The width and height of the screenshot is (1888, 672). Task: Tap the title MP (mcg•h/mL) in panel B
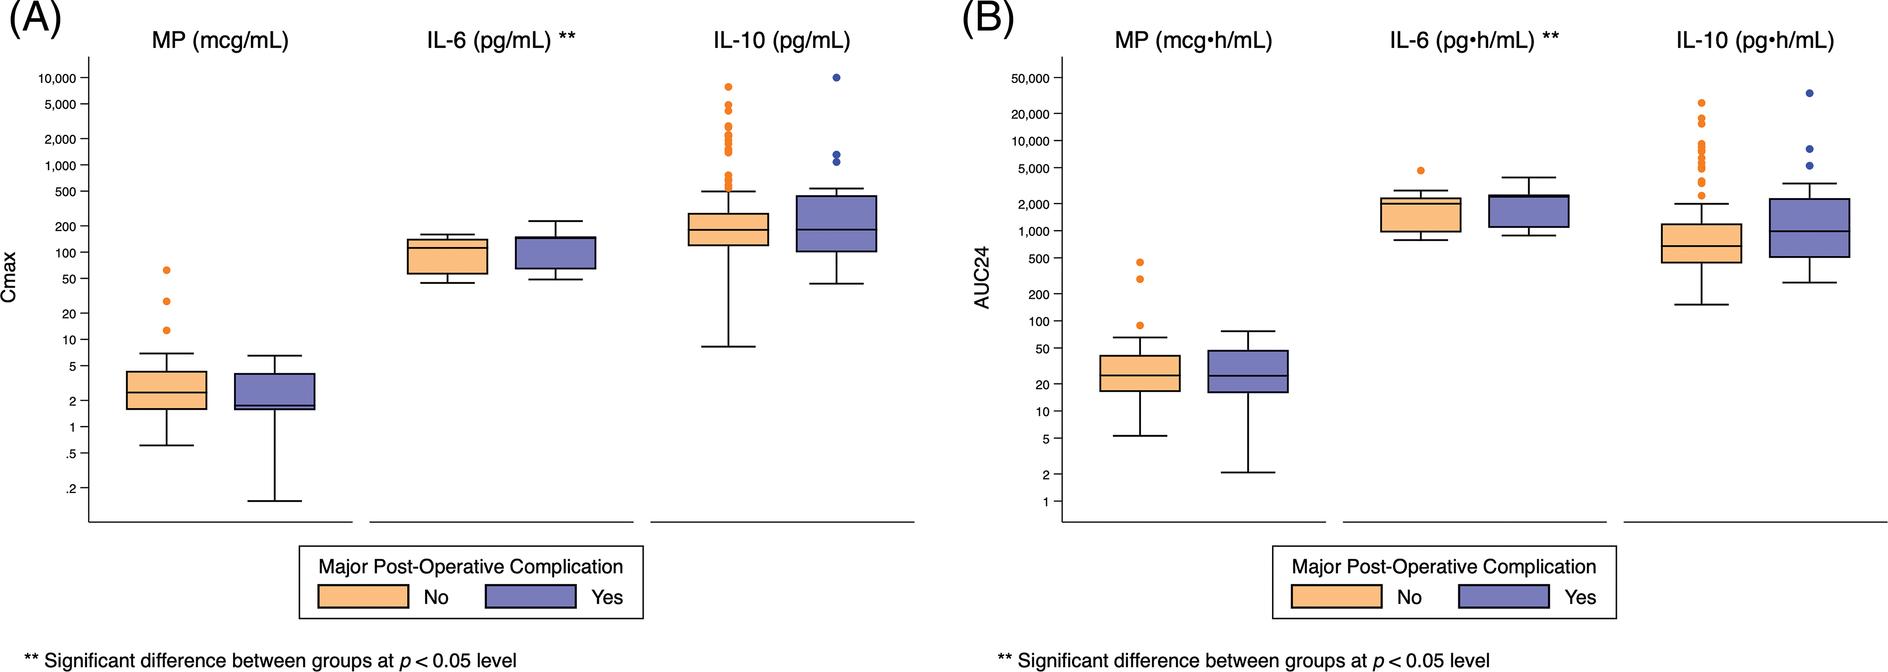[x=1193, y=40]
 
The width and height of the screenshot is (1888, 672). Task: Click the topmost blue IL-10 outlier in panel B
[x=1809, y=93]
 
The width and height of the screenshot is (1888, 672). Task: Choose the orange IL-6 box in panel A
[x=447, y=256]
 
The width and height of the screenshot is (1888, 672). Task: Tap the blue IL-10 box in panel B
[x=1809, y=228]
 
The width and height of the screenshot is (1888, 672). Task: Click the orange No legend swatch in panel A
[x=363, y=596]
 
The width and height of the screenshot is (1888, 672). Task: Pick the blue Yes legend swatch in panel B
[x=1504, y=596]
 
